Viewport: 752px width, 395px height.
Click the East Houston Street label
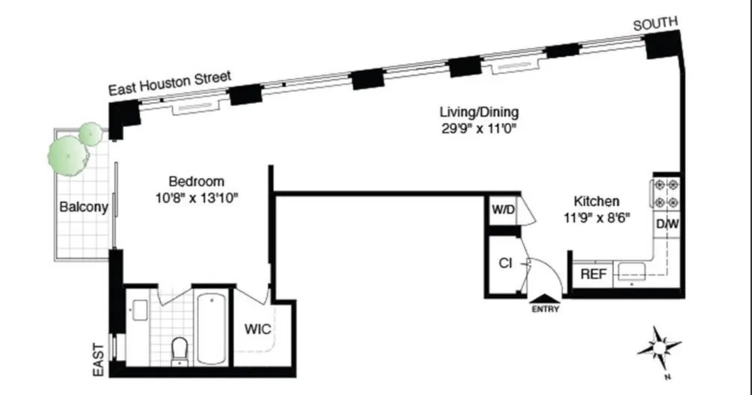170,82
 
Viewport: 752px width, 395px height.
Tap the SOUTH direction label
655,24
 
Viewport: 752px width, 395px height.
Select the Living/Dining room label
478,113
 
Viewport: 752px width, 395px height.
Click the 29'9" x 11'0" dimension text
478,128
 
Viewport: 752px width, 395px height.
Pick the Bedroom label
196,181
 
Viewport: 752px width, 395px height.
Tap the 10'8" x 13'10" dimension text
196,197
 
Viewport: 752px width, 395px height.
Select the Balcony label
84,207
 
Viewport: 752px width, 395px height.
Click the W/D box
503,209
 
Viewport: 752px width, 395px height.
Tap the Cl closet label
505,263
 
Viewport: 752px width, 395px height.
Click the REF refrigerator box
593,275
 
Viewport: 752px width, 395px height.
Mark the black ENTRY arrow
545,298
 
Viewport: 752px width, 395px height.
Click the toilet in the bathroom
180,349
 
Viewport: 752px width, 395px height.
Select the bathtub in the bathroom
211,327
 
